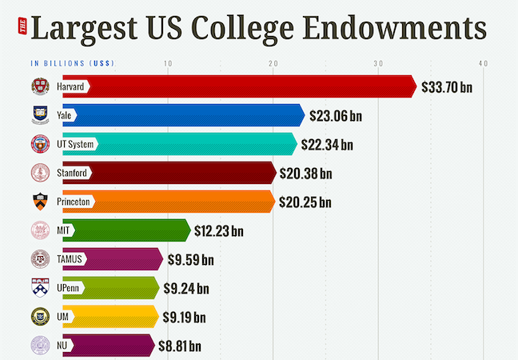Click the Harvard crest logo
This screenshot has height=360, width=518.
40,86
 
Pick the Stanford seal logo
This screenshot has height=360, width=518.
40,173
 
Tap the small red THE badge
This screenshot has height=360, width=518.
22,29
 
